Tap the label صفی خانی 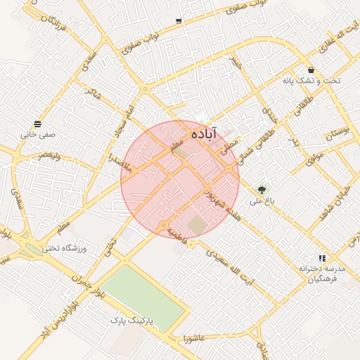pyautogui.click(x=37, y=133)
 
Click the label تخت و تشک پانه pyautogui.click(x=311, y=81)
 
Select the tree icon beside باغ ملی pyautogui.click(x=262, y=189)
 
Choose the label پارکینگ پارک pyautogui.click(x=131, y=321)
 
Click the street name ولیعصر pyautogui.click(x=53, y=154)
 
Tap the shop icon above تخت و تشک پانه pyautogui.click(x=311, y=70)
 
